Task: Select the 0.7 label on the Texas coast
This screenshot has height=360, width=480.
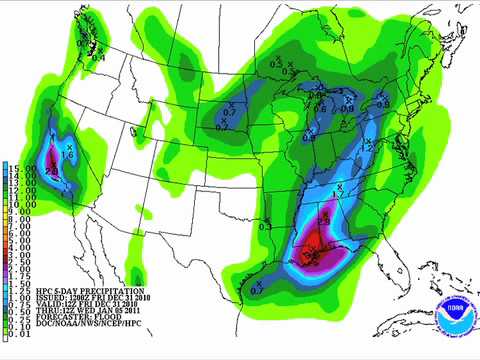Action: tap(256, 288)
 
